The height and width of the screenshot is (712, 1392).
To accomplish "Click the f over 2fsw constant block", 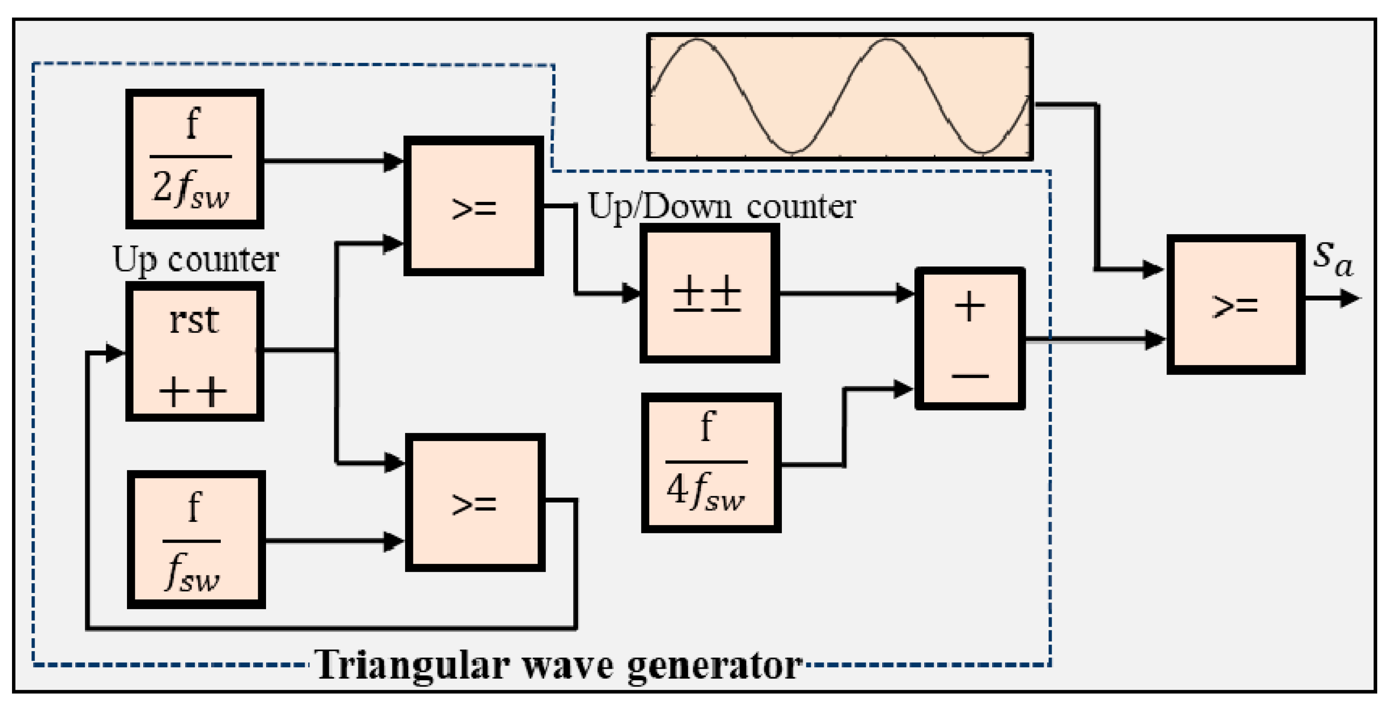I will coord(194,159).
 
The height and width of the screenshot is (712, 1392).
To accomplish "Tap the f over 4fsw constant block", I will coord(711,462).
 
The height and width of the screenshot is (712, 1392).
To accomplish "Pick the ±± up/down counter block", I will coord(709,293).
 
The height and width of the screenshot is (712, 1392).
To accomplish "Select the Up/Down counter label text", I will coord(721,207).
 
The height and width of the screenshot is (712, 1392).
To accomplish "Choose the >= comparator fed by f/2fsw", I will coord(473,206).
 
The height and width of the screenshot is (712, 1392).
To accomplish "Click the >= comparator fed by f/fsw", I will coord(474,502).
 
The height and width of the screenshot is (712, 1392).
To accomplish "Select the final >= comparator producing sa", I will coord(1235,304).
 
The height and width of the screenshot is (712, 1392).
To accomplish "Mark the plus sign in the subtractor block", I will coord(969,307).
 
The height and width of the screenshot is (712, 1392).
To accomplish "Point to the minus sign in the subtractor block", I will coord(970,375).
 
